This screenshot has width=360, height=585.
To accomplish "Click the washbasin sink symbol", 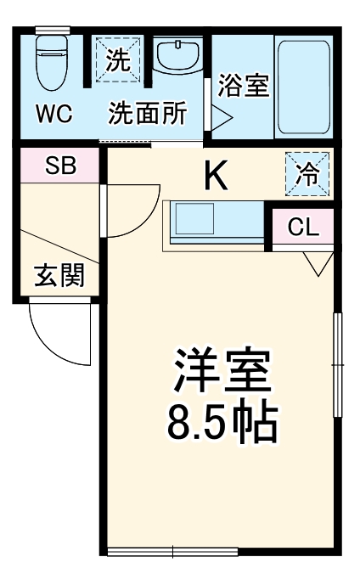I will (177, 57).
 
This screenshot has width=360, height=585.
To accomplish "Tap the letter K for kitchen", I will (216, 177).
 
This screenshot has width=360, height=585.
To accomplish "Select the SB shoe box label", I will (59, 166).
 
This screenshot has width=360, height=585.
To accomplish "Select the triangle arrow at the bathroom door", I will (221, 114).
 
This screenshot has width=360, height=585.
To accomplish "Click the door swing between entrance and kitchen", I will (127, 212).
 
